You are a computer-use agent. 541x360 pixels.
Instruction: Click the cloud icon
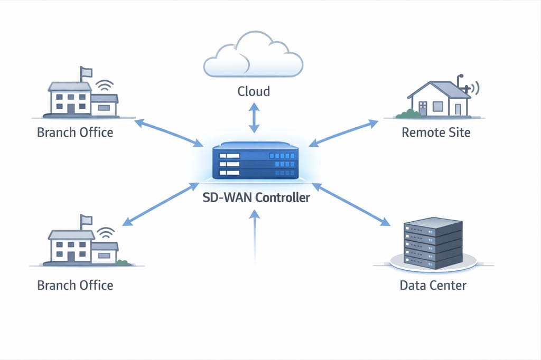pos(253,57)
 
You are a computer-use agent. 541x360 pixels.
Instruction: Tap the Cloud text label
pos(254,91)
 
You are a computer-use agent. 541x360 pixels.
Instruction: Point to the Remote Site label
pos(436,132)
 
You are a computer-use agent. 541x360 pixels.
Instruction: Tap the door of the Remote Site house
pos(458,109)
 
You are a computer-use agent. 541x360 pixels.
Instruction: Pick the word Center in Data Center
pos(447,286)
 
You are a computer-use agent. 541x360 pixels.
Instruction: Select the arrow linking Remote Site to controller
pos(343,132)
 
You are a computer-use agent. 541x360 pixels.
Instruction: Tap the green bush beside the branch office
pos(123,262)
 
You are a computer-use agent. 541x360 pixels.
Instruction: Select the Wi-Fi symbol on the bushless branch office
pos(105,85)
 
